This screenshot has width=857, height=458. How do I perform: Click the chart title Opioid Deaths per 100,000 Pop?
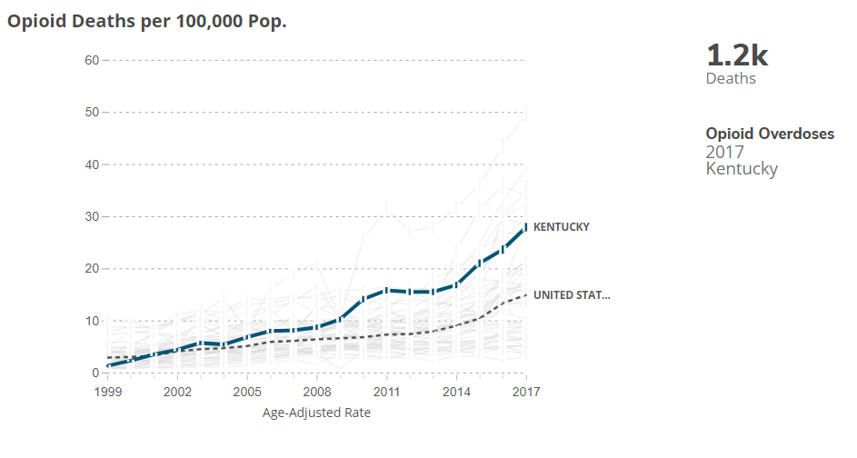(147, 21)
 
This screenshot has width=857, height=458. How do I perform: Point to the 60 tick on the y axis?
(92, 60)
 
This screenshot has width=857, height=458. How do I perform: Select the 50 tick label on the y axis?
(92, 112)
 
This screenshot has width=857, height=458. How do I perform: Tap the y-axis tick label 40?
(92, 164)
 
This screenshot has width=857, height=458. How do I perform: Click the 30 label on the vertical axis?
(92, 216)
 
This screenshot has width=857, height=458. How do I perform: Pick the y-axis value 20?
(92, 269)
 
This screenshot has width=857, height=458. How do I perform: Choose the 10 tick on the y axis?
(92, 321)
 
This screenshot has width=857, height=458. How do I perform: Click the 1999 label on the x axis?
(107, 392)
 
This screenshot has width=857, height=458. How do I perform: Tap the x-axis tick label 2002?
(177, 392)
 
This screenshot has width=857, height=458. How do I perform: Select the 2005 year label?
(247, 392)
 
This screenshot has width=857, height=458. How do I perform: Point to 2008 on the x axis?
(317, 392)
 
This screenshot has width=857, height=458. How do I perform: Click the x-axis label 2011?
(387, 392)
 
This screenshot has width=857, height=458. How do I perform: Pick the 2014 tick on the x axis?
(456, 392)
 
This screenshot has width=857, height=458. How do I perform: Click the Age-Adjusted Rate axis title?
(316, 413)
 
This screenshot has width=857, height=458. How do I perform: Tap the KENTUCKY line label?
(561, 227)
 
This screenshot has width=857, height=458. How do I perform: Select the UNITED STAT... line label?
(572, 295)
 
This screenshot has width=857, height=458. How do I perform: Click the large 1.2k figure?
(737, 55)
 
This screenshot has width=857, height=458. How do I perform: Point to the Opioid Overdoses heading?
(770, 134)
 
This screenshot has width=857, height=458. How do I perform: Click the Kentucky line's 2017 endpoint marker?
(526, 227)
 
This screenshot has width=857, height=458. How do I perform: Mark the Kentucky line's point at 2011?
(387, 290)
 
